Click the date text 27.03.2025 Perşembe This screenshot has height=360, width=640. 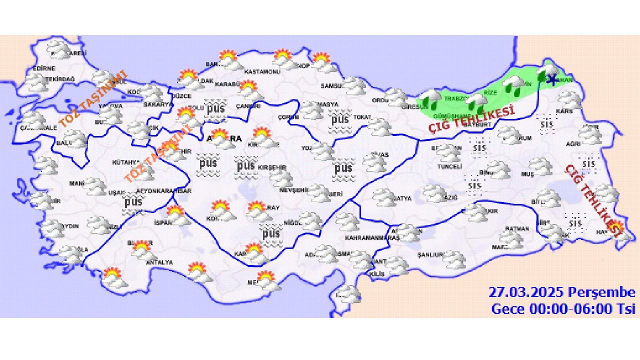(561, 292)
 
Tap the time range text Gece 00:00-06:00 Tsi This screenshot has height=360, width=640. (563, 308)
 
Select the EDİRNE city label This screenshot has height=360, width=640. (43, 68)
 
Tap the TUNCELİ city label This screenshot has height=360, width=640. (449, 166)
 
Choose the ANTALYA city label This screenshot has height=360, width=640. (159, 262)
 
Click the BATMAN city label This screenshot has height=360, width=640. (517, 229)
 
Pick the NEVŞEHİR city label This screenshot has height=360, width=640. (293, 190)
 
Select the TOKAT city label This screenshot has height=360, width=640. (362, 117)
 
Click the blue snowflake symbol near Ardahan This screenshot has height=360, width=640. (551, 79)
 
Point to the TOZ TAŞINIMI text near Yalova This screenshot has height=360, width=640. (92, 100)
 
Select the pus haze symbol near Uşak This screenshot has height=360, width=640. (133, 203)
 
